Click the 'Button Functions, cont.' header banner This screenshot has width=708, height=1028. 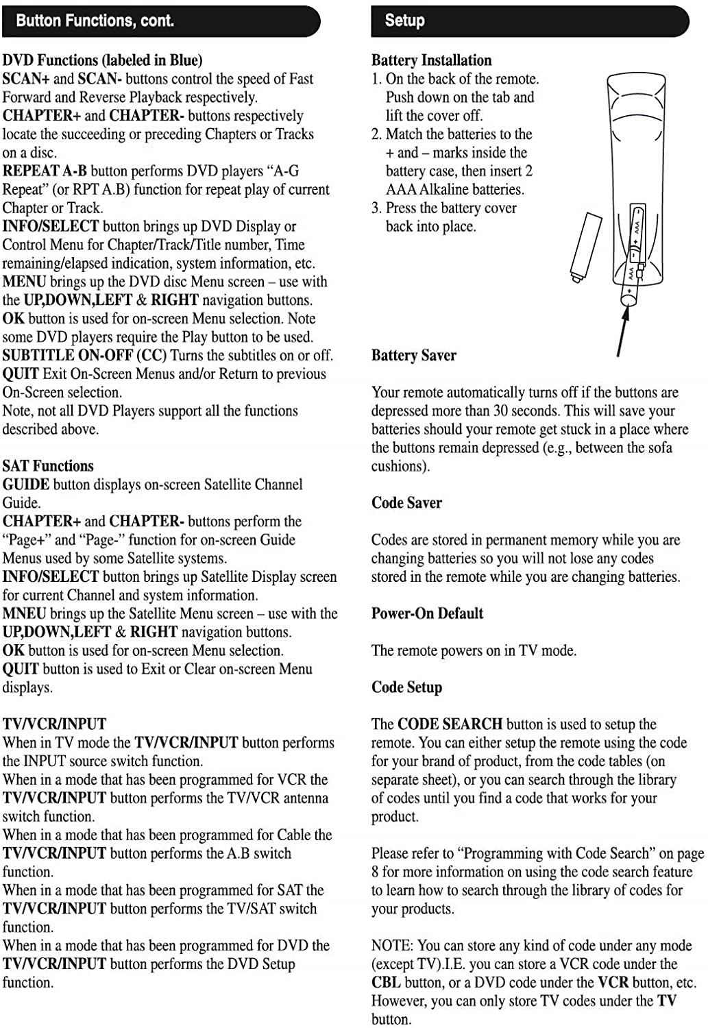[161, 21]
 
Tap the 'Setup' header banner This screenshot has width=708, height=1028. [529, 21]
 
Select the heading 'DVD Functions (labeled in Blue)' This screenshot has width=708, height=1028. [103, 60]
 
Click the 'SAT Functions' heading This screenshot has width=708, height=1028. [48, 466]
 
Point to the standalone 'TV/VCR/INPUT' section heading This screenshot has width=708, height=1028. [55, 724]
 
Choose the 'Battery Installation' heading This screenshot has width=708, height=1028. [431, 60]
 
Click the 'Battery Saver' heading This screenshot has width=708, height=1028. [413, 356]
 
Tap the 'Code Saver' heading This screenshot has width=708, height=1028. [406, 503]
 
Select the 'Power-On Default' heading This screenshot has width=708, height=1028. [427, 613]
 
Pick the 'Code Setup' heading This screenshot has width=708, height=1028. [406, 687]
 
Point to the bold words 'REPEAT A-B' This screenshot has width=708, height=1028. [45, 171]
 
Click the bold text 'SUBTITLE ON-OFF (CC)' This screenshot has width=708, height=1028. [84, 356]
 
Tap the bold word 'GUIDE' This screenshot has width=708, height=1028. [26, 485]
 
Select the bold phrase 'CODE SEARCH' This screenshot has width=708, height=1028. [450, 724]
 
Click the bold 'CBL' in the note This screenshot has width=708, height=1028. [386, 983]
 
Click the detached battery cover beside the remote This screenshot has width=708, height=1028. [586, 247]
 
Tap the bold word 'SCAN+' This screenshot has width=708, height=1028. [26, 79]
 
